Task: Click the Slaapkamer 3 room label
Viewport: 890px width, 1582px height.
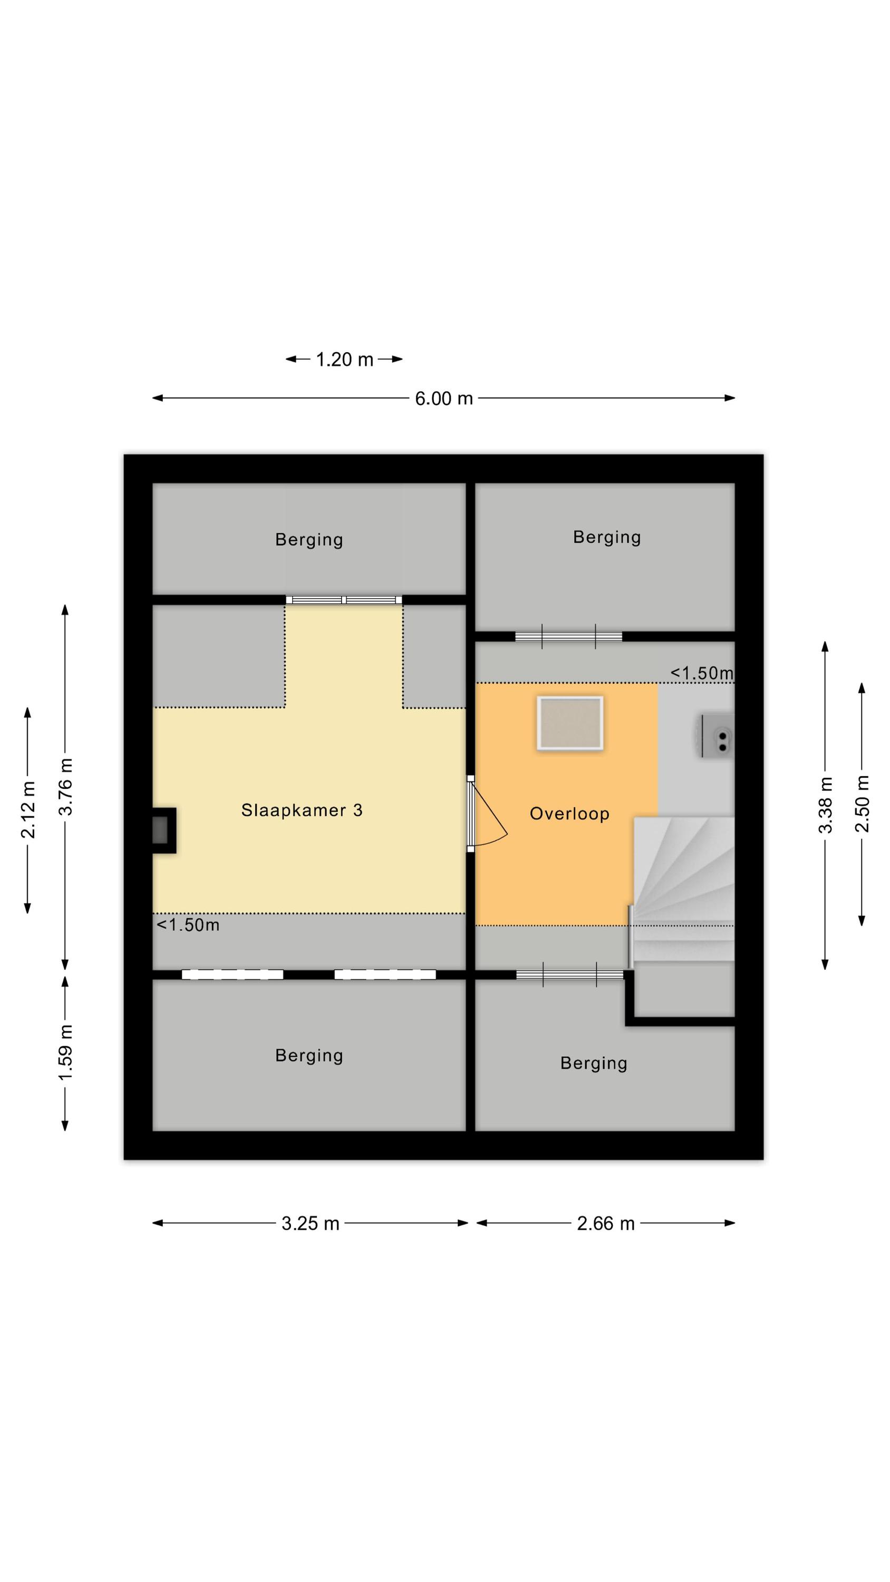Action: (x=302, y=810)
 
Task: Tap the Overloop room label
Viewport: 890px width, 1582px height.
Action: (x=569, y=814)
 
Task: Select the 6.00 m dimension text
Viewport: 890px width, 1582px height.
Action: (x=443, y=399)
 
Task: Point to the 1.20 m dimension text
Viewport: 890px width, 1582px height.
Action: (x=345, y=359)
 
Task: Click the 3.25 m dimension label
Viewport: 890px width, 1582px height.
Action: (x=310, y=1223)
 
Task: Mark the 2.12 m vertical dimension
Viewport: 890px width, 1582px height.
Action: (x=27, y=810)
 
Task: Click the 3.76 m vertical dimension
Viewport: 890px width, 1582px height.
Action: (x=65, y=787)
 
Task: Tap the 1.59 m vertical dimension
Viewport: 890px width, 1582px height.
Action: (x=65, y=1053)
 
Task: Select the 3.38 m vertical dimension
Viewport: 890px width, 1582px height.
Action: (x=825, y=805)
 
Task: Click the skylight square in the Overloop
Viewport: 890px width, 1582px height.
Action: (x=569, y=723)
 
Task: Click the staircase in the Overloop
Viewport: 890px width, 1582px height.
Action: (x=684, y=889)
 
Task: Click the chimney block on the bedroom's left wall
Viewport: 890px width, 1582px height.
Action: (x=164, y=831)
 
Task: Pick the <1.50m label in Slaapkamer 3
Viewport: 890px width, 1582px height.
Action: (x=188, y=925)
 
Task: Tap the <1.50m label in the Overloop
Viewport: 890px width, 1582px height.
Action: (x=701, y=673)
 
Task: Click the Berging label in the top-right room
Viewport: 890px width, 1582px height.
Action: (x=607, y=537)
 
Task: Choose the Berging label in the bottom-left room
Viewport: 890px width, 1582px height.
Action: (x=309, y=1056)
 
